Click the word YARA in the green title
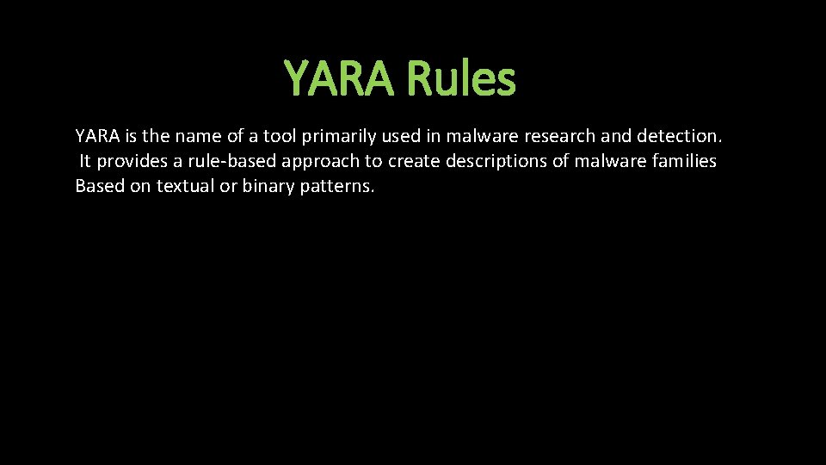[341, 79]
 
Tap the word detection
[680, 136]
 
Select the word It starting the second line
[85, 161]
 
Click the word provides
[132, 161]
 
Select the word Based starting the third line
[100, 187]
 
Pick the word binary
[268, 187]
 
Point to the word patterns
[337, 187]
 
